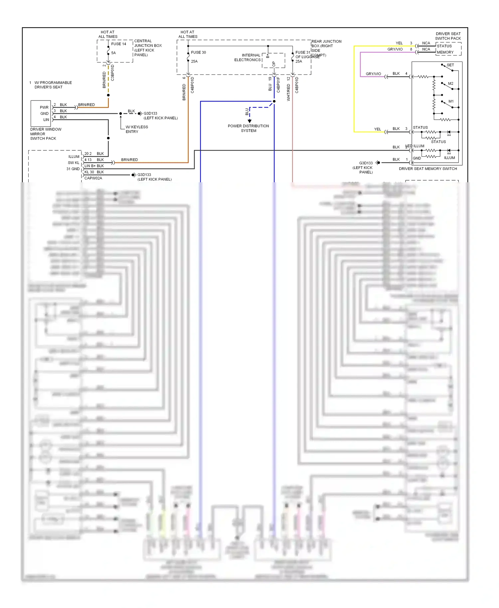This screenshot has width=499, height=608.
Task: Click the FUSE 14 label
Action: (x=118, y=44)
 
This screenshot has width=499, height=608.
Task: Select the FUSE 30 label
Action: (x=198, y=53)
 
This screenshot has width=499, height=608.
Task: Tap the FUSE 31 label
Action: (x=302, y=53)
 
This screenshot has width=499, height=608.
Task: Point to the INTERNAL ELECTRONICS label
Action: (x=248, y=58)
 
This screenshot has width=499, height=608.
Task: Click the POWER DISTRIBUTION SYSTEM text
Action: (x=249, y=128)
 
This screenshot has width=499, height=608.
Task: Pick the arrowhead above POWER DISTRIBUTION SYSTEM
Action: (x=249, y=121)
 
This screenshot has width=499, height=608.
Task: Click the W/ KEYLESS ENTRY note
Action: (x=136, y=129)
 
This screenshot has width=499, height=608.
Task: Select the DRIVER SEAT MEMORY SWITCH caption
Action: (x=428, y=169)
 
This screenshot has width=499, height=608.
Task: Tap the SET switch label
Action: (x=450, y=65)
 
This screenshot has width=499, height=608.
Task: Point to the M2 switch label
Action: (x=450, y=83)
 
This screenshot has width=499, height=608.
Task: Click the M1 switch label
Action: (x=451, y=101)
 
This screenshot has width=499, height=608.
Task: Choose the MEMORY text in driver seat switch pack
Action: (x=445, y=52)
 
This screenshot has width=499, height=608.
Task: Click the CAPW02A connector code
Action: (x=93, y=178)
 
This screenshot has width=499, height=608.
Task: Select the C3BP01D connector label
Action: (x=112, y=73)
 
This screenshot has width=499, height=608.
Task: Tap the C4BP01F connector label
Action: (x=278, y=85)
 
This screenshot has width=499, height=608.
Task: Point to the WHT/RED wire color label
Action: (x=288, y=92)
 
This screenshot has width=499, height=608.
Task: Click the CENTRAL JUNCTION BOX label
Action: (x=148, y=48)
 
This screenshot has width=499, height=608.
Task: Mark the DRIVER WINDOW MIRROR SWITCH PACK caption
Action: (x=46, y=134)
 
